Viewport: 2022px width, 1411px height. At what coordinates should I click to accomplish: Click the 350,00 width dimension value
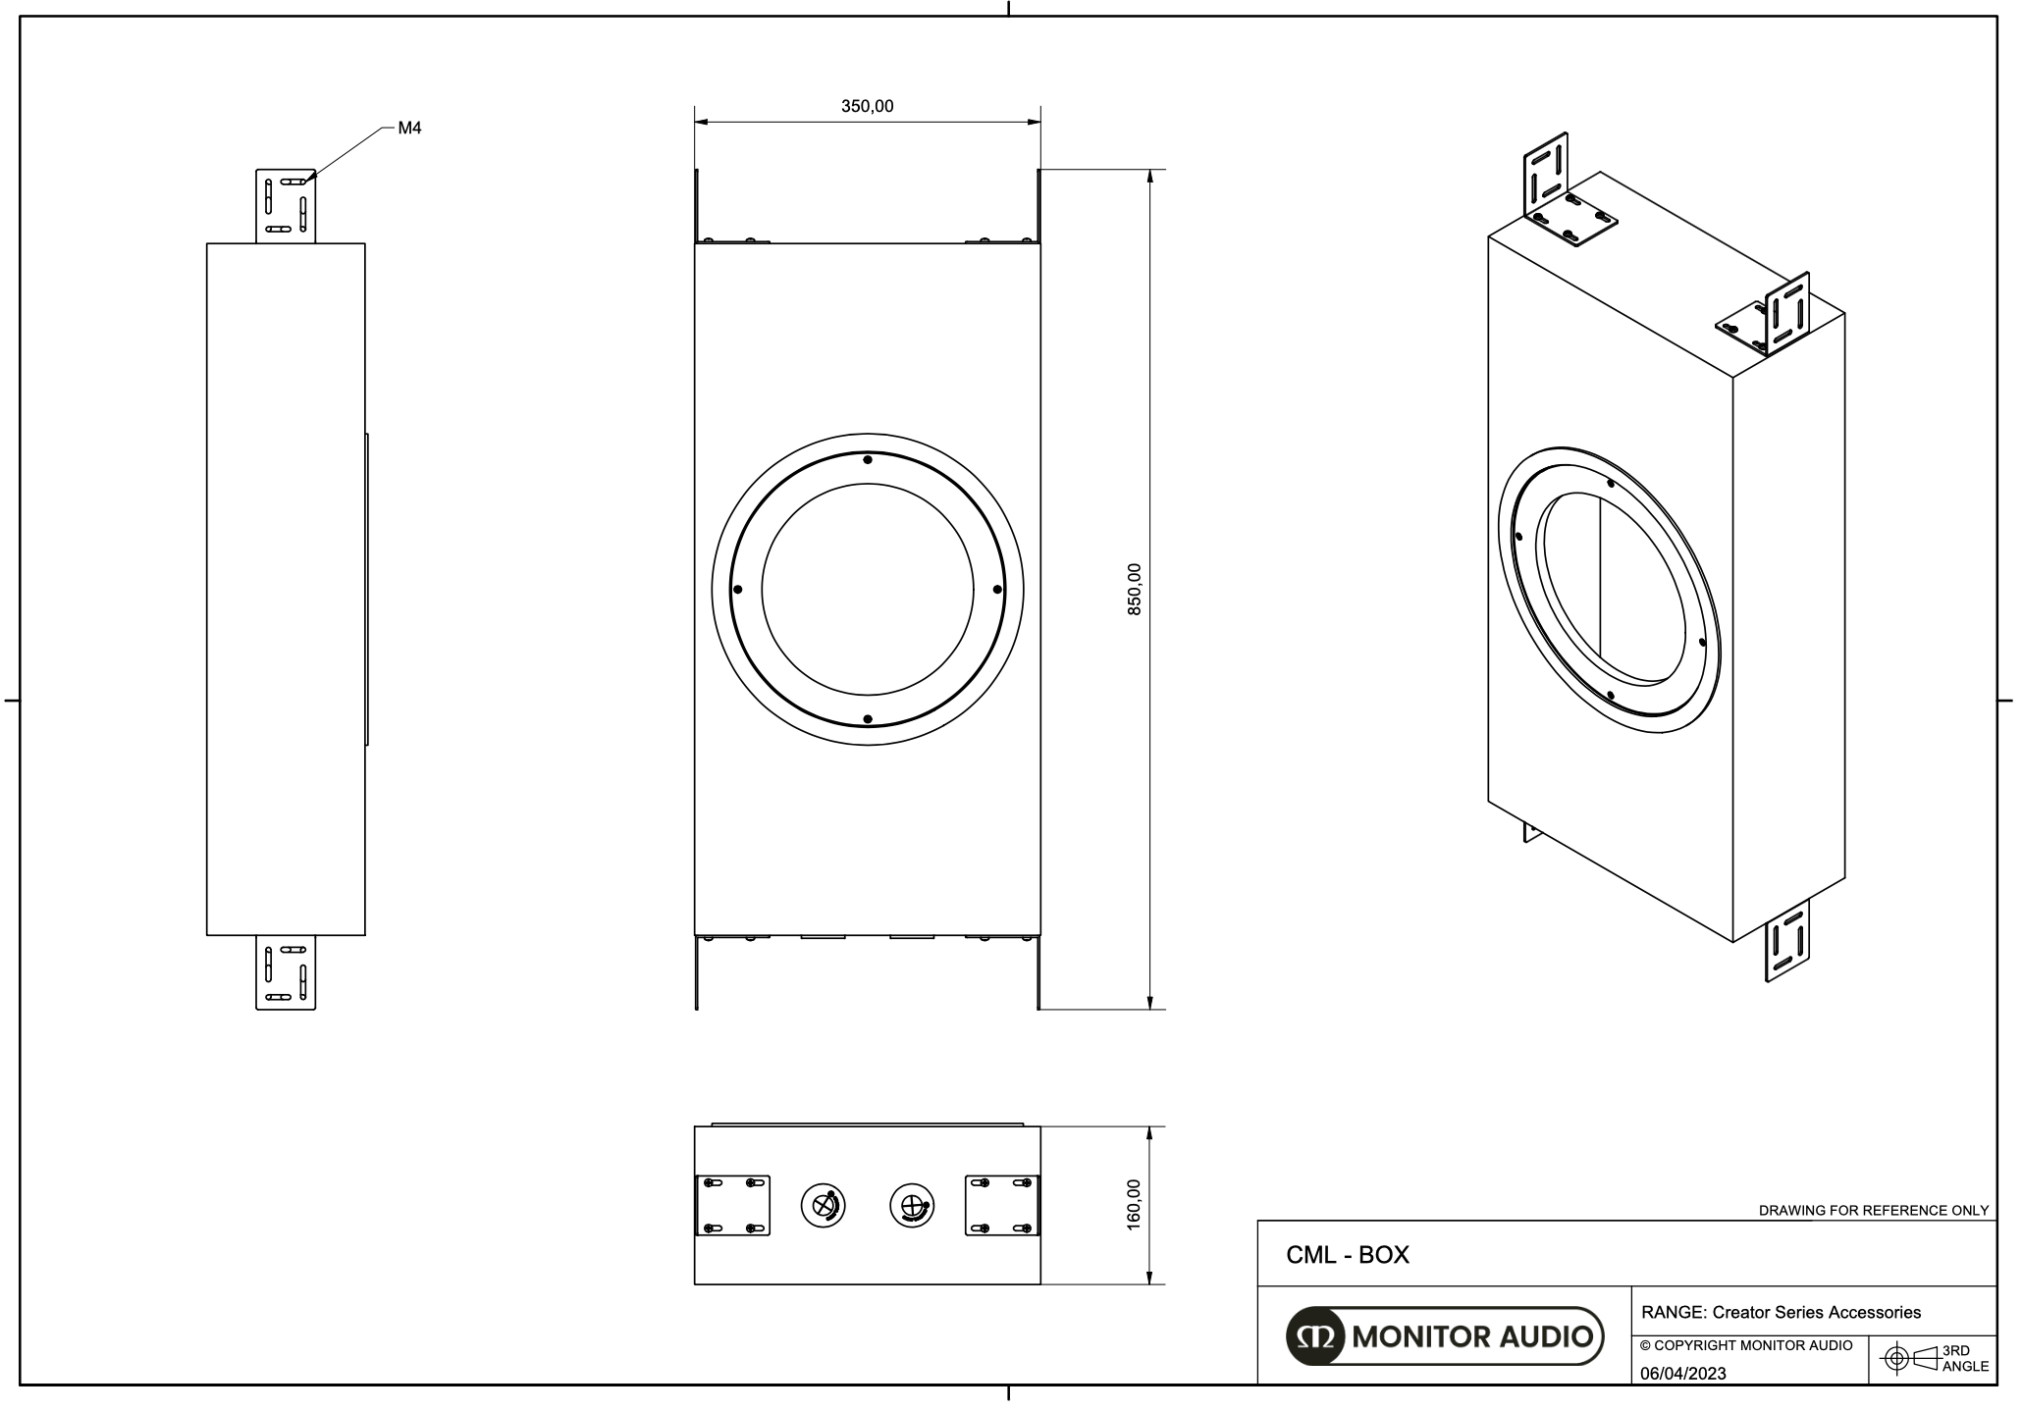click(x=867, y=106)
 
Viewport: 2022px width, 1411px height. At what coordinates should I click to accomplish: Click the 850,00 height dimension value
click(x=1134, y=589)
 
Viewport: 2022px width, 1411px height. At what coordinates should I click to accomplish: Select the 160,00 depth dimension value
click(x=1134, y=1204)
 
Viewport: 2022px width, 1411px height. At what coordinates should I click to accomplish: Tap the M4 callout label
click(x=409, y=128)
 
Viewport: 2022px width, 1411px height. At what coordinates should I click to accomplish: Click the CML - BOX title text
click(x=1348, y=1255)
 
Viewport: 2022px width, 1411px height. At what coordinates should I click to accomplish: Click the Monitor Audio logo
click(x=1444, y=1335)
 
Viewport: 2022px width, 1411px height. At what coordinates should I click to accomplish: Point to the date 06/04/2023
click(x=1683, y=1374)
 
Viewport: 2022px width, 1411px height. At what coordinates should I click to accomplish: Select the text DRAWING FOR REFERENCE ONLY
click(x=1873, y=1210)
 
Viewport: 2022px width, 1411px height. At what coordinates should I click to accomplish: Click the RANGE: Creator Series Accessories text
click(x=1782, y=1312)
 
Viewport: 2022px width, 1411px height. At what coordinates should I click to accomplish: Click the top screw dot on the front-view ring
click(x=867, y=459)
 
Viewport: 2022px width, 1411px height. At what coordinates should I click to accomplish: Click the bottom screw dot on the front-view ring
click(x=867, y=719)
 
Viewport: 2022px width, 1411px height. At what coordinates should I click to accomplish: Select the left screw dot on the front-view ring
click(x=737, y=590)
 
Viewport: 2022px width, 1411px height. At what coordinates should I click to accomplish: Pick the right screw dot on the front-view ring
click(x=997, y=589)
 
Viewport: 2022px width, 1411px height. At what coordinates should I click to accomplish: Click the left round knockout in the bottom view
click(x=824, y=1206)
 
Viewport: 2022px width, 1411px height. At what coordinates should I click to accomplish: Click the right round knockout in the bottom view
click(x=912, y=1206)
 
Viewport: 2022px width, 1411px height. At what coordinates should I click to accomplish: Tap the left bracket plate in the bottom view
click(x=732, y=1206)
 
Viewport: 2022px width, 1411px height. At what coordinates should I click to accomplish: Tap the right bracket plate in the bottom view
click(x=1002, y=1206)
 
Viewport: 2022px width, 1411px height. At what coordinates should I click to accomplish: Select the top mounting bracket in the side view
click(x=286, y=205)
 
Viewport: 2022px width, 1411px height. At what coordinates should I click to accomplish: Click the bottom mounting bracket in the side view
click(x=286, y=972)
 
